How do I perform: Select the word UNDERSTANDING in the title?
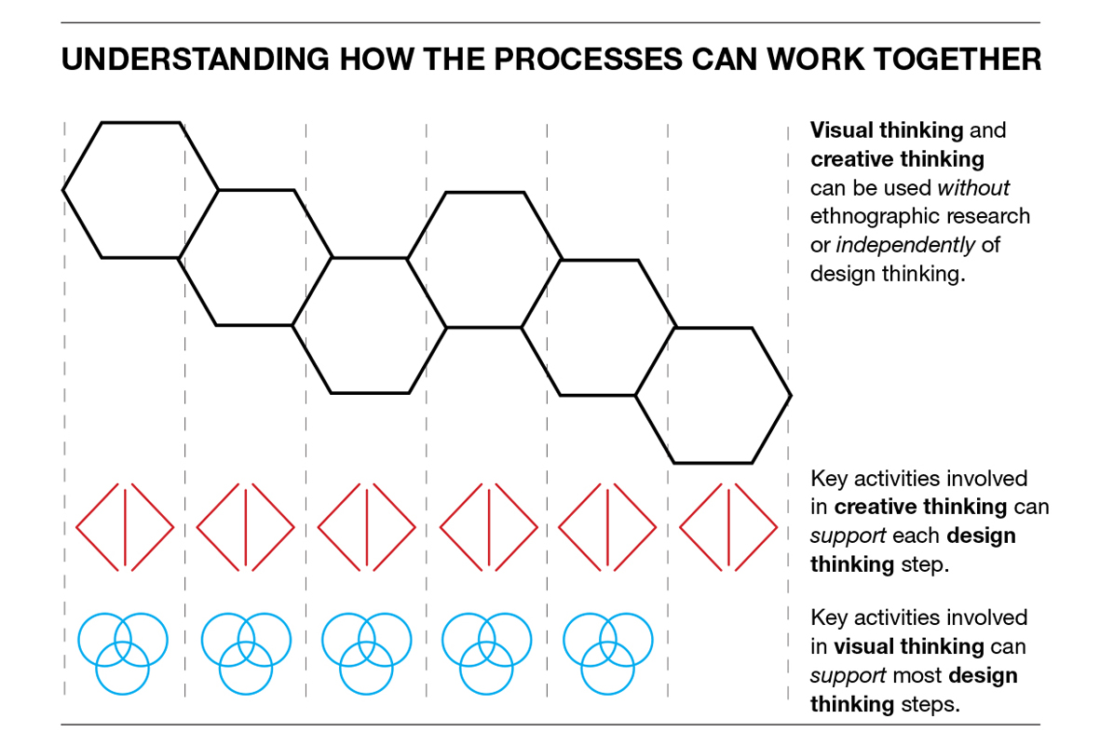point(194,60)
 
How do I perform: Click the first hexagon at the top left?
point(140,190)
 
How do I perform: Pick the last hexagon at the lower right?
point(713,396)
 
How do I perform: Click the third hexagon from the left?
point(370,325)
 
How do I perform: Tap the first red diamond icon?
point(125,527)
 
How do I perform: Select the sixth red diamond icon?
point(728,527)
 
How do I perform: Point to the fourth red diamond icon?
point(488,527)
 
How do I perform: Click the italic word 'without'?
point(973,188)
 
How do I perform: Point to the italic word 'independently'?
point(905,245)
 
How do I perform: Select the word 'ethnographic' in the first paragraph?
point(874,217)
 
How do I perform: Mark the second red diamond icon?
point(246,527)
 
